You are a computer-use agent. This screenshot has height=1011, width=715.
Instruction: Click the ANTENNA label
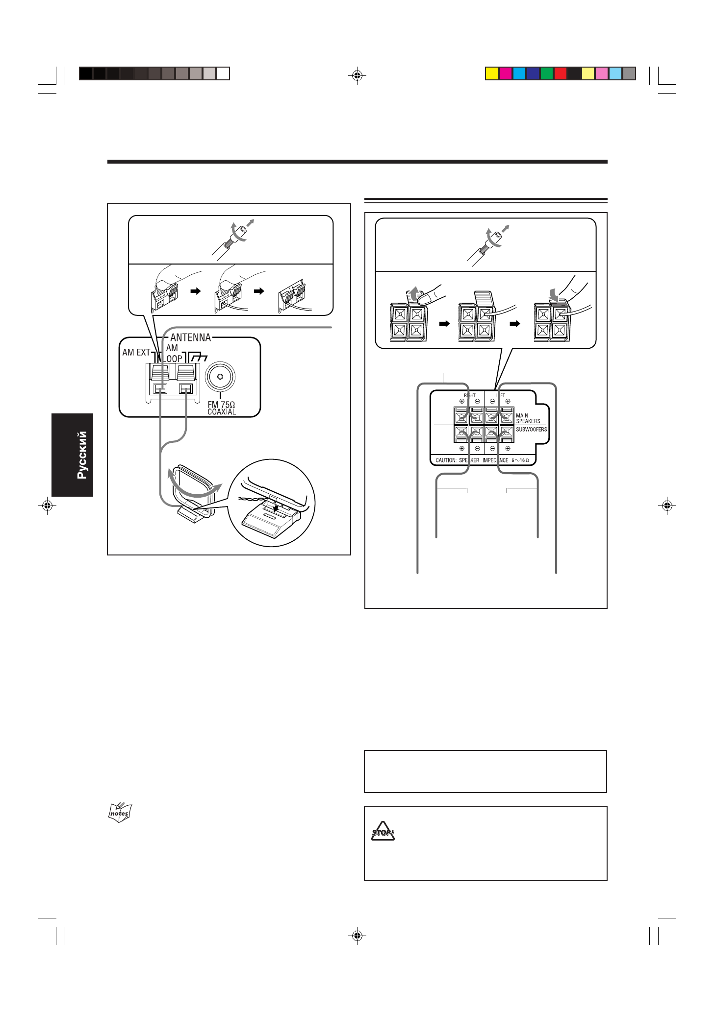click(x=190, y=337)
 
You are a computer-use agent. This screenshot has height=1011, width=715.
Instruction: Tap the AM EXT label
click(x=136, y=352)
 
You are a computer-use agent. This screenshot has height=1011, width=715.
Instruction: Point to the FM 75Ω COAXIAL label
click(x=222, y=408)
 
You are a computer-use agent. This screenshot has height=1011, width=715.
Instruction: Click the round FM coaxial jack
click(x=221, y=377)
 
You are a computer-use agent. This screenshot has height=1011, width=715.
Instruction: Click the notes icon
click(x=120, y=813)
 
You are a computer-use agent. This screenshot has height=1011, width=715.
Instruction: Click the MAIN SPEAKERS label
click(x=528, y=418)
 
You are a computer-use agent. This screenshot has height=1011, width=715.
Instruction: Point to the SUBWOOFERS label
click(x=531, y=430)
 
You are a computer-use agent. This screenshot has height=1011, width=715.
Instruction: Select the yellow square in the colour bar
click(x=492, y=73)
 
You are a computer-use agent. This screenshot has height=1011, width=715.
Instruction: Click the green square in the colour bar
click(x=547, y=73)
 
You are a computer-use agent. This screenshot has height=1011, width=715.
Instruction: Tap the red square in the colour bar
click(x=561, y=73)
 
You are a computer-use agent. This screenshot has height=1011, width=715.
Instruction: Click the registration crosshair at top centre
click(x=357, y=75)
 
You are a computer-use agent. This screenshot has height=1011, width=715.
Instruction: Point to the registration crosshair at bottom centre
click(x=357, y=936)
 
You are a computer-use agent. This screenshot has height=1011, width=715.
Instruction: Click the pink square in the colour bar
click(x=602, y=73)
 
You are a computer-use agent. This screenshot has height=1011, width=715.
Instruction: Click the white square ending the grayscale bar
click(x=223, y=73)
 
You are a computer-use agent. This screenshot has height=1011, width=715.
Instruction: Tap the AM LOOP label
click(x=173, y=353)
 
